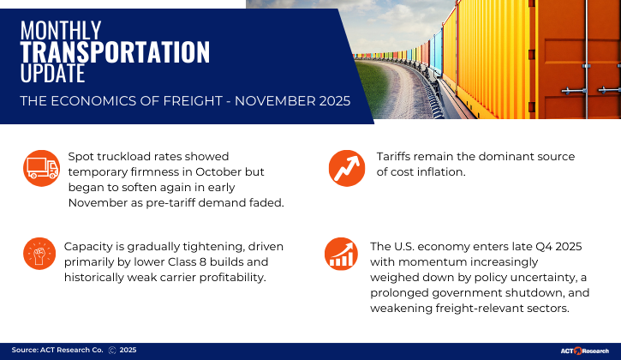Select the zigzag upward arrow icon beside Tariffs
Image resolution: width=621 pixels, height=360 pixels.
coord(345,166)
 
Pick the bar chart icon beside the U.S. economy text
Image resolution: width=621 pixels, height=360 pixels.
coord(340,253)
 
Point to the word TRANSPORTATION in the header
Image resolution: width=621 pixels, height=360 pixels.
coord(115,52)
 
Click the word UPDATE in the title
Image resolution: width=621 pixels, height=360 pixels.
coord(53,74)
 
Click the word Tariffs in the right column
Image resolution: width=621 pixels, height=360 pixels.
coord(397,157)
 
